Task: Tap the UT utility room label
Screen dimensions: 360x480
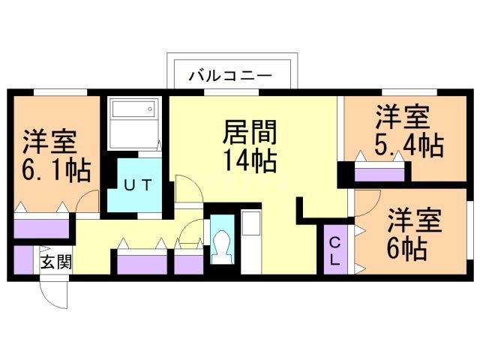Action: click(135, 184)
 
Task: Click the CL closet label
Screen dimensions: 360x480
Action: click(335, 251)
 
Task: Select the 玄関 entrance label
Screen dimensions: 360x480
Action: click(56, 262)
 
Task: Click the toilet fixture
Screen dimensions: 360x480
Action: click(222, 244)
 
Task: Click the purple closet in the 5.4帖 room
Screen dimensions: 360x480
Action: click(381, 175)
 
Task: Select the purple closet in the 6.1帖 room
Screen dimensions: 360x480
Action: click(42, 226)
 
